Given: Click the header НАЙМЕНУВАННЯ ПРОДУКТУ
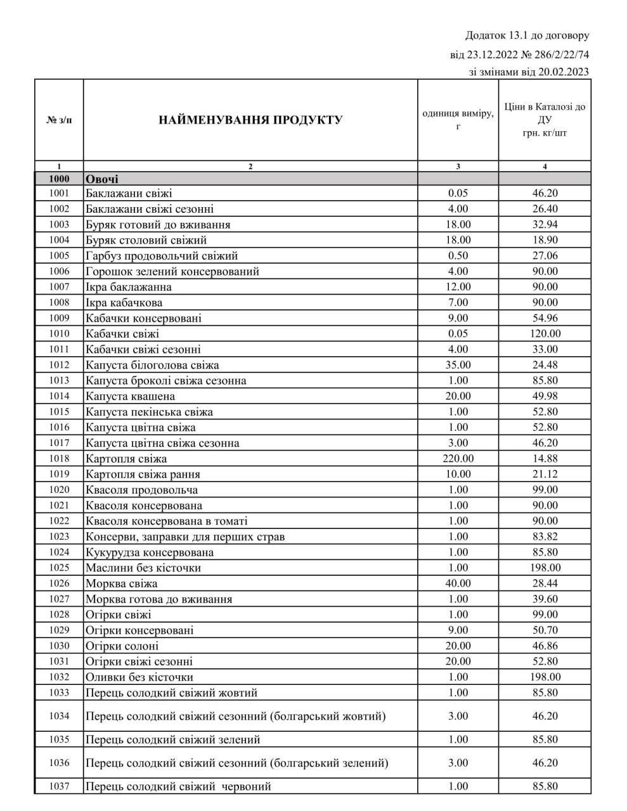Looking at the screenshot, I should coord(250,120).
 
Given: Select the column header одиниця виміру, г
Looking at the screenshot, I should coord(458,120).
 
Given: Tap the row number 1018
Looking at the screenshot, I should coord(59,459).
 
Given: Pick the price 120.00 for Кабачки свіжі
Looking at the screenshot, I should coord(545,334).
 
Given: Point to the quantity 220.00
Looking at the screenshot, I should coord(458,459).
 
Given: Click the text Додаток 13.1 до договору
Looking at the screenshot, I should coord(527,35).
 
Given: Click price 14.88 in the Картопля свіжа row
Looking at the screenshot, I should coord(545,459).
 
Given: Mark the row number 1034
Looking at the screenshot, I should coord(59,716).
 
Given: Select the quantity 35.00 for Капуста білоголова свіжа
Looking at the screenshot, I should coord(458,365).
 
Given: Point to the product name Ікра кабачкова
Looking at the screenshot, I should coord(124,303).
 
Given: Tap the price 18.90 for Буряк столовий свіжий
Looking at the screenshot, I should coord(545,240).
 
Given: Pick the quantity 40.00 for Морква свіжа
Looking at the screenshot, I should coord(458,584).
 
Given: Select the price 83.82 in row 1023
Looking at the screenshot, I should coord(545,537).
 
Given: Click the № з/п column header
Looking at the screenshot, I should coord(59,120).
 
